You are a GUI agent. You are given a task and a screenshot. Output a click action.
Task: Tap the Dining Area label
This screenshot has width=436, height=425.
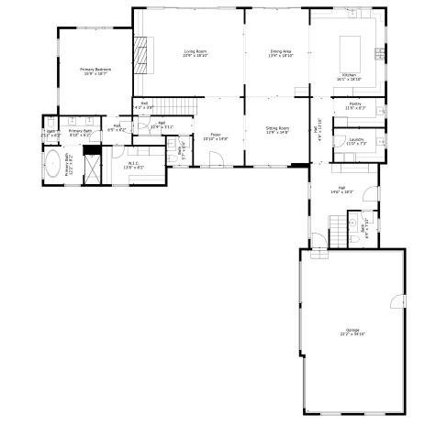(279, 52)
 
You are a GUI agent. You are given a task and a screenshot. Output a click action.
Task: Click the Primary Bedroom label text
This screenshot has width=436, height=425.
(95, 70)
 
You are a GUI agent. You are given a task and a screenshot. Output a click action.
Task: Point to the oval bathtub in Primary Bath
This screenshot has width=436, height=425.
(53, 166)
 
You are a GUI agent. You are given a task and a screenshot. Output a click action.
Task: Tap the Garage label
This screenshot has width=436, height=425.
(352, 330)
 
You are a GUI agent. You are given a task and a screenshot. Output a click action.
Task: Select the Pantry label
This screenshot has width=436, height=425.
(354, 105)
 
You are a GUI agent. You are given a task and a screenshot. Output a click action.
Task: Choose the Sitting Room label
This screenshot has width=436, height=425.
(277, 128)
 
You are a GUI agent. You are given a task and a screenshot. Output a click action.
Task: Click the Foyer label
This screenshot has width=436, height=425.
(216, 135)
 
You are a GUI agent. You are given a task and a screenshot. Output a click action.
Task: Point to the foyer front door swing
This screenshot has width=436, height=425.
(217, 159)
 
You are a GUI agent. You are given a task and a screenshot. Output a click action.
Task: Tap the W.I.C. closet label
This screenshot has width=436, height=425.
(133, 163)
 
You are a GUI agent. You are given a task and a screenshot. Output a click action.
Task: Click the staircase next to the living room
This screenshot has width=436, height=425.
(175, 106)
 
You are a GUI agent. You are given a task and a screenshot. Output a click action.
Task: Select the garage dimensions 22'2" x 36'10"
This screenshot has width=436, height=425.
(352, 334)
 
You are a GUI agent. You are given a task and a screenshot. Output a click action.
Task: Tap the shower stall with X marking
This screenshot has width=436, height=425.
(92, 166)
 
